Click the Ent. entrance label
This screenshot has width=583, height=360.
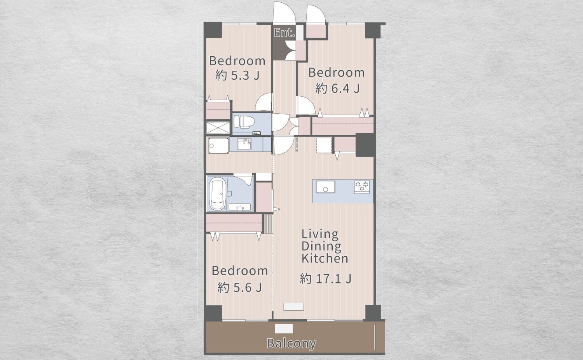(285, 33)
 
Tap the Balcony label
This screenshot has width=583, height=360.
(291, 343)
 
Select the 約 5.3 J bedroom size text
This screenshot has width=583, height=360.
(237, 75)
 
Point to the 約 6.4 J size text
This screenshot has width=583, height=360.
(338, 89)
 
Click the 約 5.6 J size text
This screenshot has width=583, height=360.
(239, 287)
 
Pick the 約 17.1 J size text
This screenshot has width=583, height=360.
(326, 278)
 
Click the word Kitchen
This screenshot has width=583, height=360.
(325, 258)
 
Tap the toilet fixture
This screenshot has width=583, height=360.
(244, 122)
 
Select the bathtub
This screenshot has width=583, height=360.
(217, 193)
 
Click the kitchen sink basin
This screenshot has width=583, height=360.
(326, 187)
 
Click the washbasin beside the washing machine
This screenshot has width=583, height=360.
(244, 144)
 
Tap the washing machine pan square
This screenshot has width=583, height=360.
(218, 145)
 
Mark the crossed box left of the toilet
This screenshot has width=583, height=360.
(218, 127)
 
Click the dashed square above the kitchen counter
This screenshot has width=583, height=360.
(324, 145)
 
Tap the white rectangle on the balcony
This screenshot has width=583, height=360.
(284, 329)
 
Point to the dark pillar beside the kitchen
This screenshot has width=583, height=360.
(365, 145)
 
